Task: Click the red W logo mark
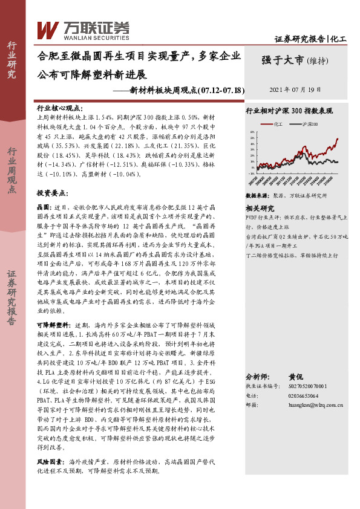tap(47, 29)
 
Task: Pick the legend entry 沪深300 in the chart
tap(309, 123)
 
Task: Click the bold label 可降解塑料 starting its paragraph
tap(52, 325)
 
